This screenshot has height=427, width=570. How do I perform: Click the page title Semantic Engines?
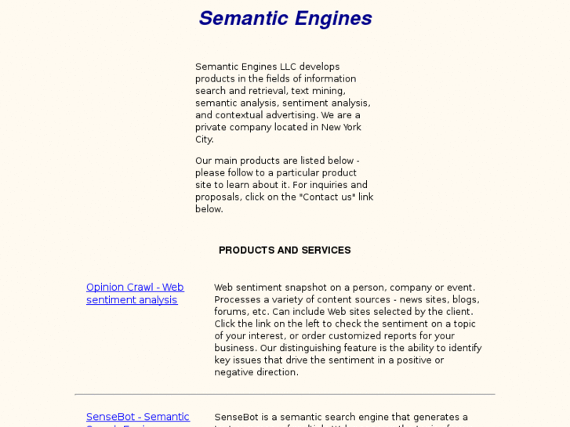(285, 19)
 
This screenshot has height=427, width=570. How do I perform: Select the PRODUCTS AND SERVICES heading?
(285, 251)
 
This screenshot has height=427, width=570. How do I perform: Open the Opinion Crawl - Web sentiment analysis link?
(135, 293)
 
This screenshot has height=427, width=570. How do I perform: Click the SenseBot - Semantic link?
(138, 417)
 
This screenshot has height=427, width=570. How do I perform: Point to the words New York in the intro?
(341, 127)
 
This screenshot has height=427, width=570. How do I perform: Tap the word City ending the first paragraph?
(204, 139)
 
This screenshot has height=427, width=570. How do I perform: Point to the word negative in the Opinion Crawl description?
(234, 372)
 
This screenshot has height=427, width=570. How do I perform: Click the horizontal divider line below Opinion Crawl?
(285, 394)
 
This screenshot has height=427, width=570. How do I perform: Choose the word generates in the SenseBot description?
(440, 417)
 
